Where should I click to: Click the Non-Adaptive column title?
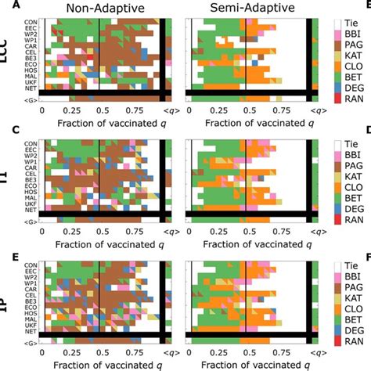tap(100, 9)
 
